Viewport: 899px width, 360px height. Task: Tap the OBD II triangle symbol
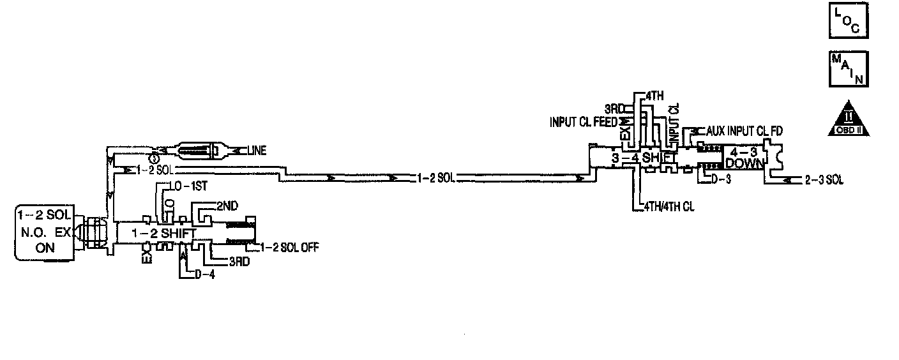(848, 119)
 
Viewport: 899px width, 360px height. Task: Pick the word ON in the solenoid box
(45, 249)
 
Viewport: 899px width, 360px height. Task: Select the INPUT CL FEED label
(582, 121)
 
